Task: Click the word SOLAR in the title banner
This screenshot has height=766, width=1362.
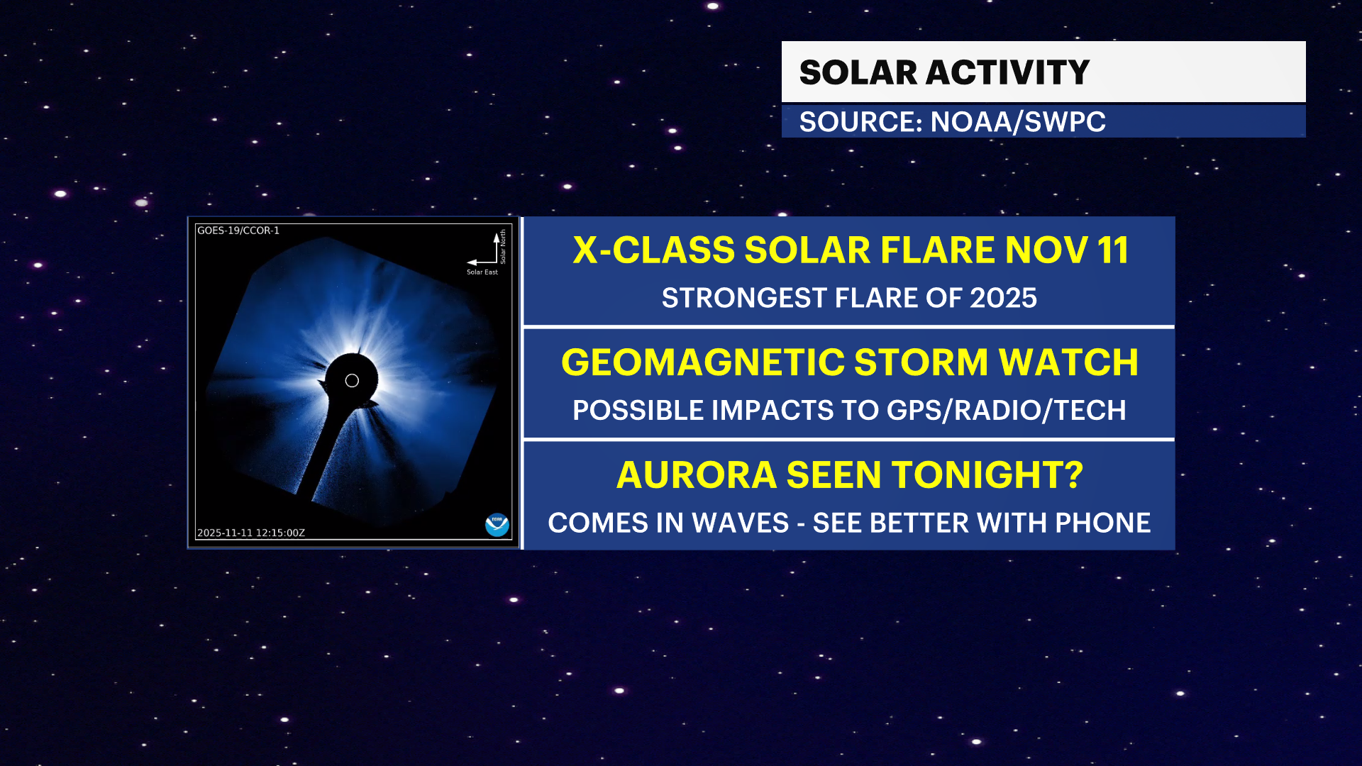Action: point(858,72)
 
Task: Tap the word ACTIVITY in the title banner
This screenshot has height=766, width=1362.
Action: point(1007,72)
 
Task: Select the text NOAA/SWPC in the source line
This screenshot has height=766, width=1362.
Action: point(1018,122)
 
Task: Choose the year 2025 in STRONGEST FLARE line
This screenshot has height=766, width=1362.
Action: point(1003,298)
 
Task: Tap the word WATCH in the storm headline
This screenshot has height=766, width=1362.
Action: point(1068,362)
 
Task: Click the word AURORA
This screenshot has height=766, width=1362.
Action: point(697,475)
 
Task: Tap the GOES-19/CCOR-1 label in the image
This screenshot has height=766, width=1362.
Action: point(238,231)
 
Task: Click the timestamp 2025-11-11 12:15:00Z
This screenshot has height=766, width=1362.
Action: point(251,533)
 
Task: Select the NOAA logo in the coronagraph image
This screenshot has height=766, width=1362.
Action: point(497,525)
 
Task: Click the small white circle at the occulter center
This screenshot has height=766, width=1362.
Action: point(352,381)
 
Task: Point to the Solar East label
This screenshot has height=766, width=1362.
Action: point(482,272)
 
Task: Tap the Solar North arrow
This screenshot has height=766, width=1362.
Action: point(497,248)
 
